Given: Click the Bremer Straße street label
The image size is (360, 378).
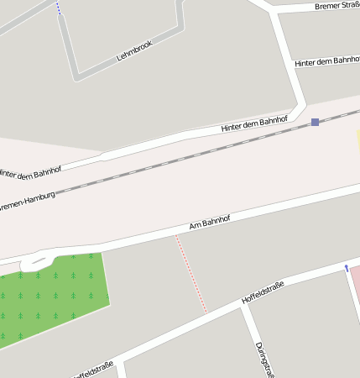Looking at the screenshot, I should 337,6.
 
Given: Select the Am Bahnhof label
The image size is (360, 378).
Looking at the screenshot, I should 209,222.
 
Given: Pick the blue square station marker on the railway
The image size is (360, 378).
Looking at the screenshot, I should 315,122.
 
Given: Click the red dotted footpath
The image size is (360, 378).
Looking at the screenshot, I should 191,275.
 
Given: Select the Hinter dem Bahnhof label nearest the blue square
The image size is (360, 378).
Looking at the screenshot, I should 253,124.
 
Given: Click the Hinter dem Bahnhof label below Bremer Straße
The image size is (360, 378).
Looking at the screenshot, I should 327,61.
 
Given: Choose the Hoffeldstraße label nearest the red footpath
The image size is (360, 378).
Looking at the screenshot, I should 263,291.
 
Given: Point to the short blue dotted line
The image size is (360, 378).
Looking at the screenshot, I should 58,8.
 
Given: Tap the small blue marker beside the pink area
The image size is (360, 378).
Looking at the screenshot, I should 346,268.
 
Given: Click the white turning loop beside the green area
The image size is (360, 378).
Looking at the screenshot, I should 34,263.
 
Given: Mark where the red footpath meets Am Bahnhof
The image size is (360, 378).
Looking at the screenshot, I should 175,236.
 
